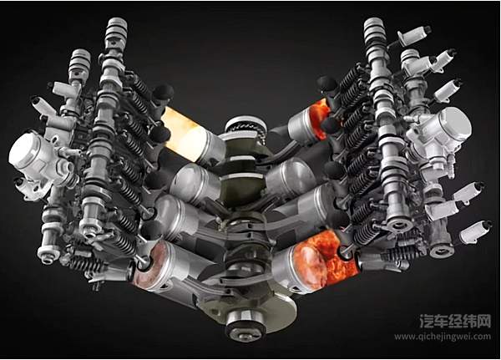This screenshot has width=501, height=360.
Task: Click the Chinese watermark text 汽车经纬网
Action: click(455, 321)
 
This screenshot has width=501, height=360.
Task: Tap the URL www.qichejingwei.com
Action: click(443, 337)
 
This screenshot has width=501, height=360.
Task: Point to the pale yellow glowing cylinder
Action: click(185, 134)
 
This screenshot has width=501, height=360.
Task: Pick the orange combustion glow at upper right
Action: click(319, 119)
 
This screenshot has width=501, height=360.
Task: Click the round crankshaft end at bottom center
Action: click(245, 326)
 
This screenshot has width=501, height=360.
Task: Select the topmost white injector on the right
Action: click(415, 34)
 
